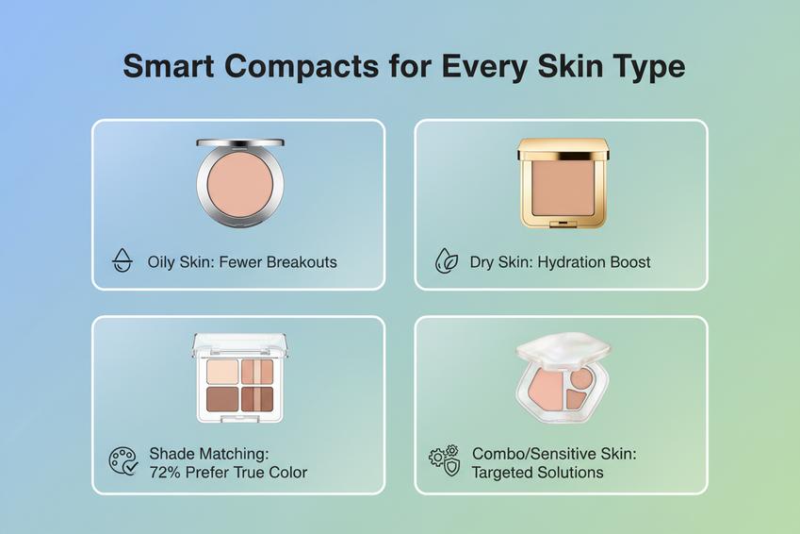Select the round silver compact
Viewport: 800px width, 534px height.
pyautogui.click(x=239, y=184)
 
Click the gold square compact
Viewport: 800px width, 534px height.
pyautogui.click(x=562, y=184)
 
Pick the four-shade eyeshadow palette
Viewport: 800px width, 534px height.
pyautogui.click(x=239, y=377)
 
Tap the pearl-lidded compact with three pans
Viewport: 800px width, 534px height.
pyautogui.click(x=562, y=377)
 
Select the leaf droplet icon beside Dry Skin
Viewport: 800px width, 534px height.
pyautogui.click(x=446, y=261)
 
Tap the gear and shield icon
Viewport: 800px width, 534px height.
pyautogui.click(x=445, y=461)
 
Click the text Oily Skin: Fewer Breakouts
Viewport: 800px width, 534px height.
pyautogui.click(x=242, y=262)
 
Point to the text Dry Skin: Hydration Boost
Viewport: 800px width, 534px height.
pyautogui.click(x=560, y=262)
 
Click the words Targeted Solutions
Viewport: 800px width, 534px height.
pyautogui.click(x=537, y=472)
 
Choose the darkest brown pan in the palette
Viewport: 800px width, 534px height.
pyautogui.click(x=223, y=399)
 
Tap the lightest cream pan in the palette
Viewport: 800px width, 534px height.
pyautogui.click(x=223, y=371)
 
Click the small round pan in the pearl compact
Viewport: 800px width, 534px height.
pyautogui.click(x=580, y=377)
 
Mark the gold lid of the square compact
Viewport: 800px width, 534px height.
pyautogui.click(x=562, y=149)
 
